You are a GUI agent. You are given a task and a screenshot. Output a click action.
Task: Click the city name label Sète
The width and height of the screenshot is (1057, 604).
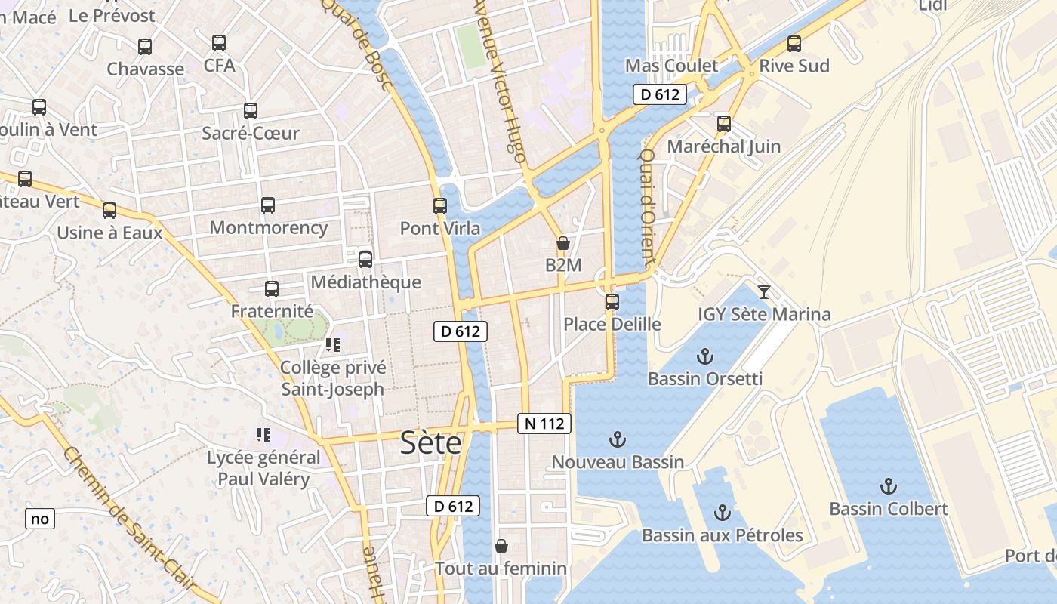[x=430, y=442]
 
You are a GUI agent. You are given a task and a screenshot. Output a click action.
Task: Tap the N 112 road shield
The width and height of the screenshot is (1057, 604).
[x=544, y=424]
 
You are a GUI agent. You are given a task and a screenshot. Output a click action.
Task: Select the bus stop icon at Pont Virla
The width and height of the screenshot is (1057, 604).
[x=440, y=205]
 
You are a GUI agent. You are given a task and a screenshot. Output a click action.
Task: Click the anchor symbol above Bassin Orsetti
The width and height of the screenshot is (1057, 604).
[x=704, y=356]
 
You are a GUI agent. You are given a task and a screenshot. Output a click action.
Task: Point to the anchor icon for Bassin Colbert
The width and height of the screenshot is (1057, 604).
[x=889, y=485]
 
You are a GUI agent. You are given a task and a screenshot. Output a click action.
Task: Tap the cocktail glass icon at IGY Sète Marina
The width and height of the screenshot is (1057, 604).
[x=764, y=291]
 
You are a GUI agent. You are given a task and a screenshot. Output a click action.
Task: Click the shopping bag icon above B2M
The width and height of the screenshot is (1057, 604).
[x=562, y=243]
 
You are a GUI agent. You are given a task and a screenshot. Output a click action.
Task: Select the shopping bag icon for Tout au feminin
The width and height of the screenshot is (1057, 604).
[x=501, y=545]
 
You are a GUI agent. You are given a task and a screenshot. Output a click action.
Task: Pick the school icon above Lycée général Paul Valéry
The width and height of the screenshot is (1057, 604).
[x=263, y=435]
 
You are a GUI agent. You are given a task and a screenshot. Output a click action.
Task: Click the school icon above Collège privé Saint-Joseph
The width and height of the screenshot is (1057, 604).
[x=333, y=345]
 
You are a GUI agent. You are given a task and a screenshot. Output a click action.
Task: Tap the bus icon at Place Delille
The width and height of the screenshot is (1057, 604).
[x=612, y=302]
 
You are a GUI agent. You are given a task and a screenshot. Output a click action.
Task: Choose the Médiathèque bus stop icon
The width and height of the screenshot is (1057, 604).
[x=365, y=260]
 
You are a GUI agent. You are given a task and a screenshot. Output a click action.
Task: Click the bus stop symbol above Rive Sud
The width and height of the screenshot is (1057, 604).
[x=794, y=44]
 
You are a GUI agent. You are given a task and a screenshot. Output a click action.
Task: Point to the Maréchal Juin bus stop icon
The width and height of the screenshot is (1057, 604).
[x=724, y=124]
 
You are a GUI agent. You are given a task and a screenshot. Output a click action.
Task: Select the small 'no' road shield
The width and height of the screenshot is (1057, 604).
[x=40, y=519]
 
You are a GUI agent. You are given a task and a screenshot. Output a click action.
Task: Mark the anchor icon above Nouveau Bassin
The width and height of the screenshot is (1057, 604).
[x=618, y=439]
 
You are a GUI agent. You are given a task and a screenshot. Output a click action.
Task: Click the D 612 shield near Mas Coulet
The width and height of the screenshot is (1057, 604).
[x=659, y=94]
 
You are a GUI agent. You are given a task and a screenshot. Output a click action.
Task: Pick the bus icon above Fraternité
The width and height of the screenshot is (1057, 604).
[x=272, y=288]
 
